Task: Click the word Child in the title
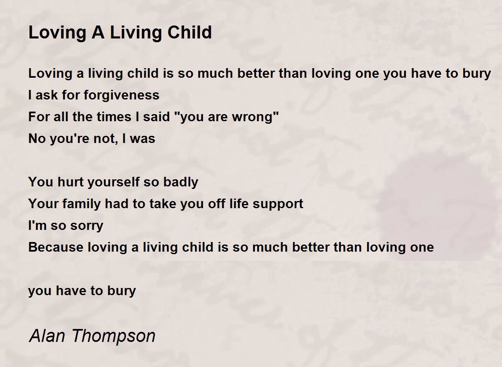190,32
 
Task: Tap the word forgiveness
121,95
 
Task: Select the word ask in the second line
47,95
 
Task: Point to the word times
114,117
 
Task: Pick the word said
156,117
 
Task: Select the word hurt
70,182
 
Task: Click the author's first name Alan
47,336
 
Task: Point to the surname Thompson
114,336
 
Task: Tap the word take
162,204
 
